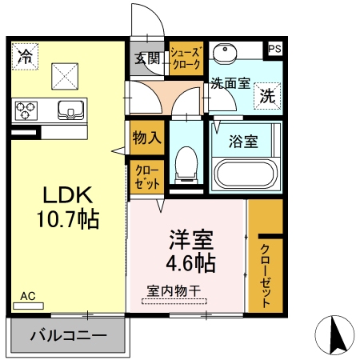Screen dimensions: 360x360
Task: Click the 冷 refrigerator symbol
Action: (x=26, y=56)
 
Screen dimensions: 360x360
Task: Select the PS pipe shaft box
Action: (x=274, y=50)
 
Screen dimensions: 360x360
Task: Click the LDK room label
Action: (x=68, y=195)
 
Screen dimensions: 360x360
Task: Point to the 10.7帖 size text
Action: (x=68, y=219)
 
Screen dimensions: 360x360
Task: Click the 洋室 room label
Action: (x=190, y=239)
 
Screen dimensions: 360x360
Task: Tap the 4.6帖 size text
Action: (x=190, y=262)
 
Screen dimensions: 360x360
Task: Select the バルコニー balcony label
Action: (x=68, y=335)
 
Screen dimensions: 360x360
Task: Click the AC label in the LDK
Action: (x=28, y=297)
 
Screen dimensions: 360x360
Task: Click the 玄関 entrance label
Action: (x=147, y=58)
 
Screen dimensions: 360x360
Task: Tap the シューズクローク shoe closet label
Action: (x=186, y=58)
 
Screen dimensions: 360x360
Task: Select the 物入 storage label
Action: (x=146, y=138)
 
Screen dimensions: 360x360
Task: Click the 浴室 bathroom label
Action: (x=244, y=142)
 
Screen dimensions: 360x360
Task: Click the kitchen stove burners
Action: (x=26, y=110)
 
